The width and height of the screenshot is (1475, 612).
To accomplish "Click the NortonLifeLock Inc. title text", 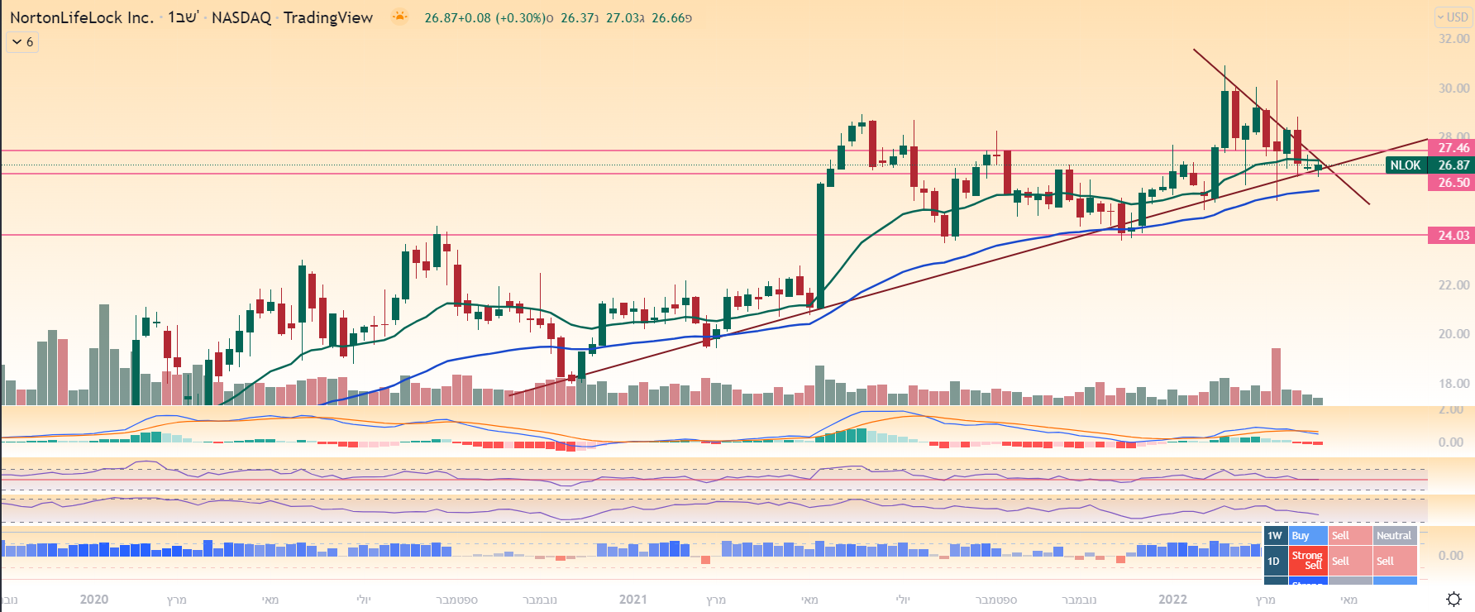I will point(81,17).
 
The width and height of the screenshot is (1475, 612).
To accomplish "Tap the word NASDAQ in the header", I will point(241,17).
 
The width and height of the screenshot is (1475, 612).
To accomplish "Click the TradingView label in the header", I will point(327,17).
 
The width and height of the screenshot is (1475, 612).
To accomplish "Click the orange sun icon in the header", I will point(399,17).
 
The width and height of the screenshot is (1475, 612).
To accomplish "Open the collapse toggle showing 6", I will point(22,42).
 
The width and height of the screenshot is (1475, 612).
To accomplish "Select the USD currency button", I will point(1453,17).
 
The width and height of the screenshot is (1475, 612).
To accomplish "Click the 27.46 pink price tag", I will point(1453,148).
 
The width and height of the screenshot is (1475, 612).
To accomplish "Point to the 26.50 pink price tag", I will point(1453,183).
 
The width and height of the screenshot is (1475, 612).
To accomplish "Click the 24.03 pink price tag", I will point(1453,236).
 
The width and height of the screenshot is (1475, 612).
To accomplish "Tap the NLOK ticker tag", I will point(1406,165).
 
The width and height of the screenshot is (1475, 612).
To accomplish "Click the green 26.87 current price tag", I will point(1453,165).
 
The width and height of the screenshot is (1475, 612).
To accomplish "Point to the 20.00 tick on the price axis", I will point(1454,334).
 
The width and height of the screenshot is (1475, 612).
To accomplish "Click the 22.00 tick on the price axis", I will point(1454,285).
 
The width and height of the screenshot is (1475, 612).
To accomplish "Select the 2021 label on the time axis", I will point(633,600).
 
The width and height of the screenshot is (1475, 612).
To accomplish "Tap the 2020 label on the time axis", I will point(94,600).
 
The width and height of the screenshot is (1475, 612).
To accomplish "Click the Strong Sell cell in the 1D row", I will point(1307,561).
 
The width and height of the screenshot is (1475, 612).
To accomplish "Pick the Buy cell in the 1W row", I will point(1307,536).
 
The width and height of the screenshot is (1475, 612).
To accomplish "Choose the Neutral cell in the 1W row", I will point(1394,536).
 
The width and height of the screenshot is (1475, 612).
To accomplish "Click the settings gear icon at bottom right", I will point(1454,599).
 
